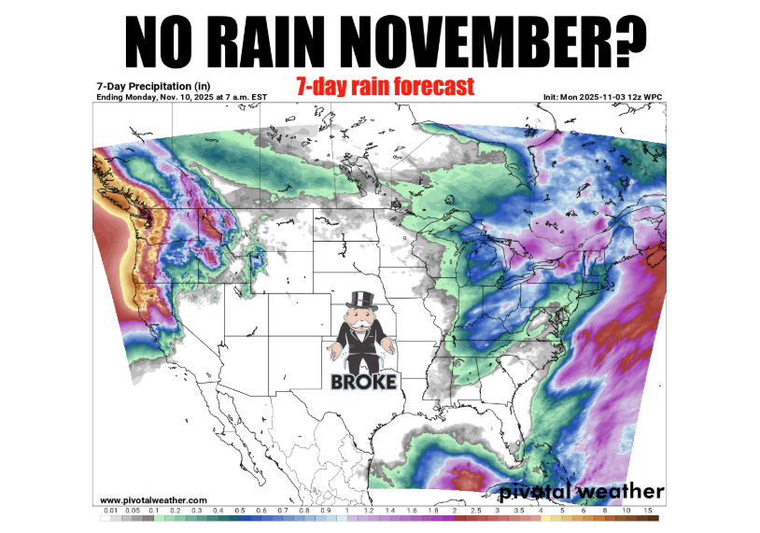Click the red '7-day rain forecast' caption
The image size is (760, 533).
pyautogui.click(x=385, y=87)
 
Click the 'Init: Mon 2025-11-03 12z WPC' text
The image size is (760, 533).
pyautogui.click(x=603, y=97)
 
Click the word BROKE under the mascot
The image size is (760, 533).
pyautogui.click(x=364, y=381)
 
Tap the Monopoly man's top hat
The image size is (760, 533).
pyautogui.click(x=359, y=302)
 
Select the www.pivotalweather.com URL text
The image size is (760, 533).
pyautogui.click(x=153, y=500)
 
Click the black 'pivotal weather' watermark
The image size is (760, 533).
pyautogui.click(x=582, y=491)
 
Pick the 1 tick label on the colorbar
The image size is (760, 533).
pyautogui.click(x=346, y=512)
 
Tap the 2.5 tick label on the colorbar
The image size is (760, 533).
pyautogui.click(x=476, y=512)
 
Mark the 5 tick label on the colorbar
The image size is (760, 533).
pyautogui.click(x=562, y=512)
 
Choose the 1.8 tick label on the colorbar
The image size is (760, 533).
pyautogui.click(x=433, y=512)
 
